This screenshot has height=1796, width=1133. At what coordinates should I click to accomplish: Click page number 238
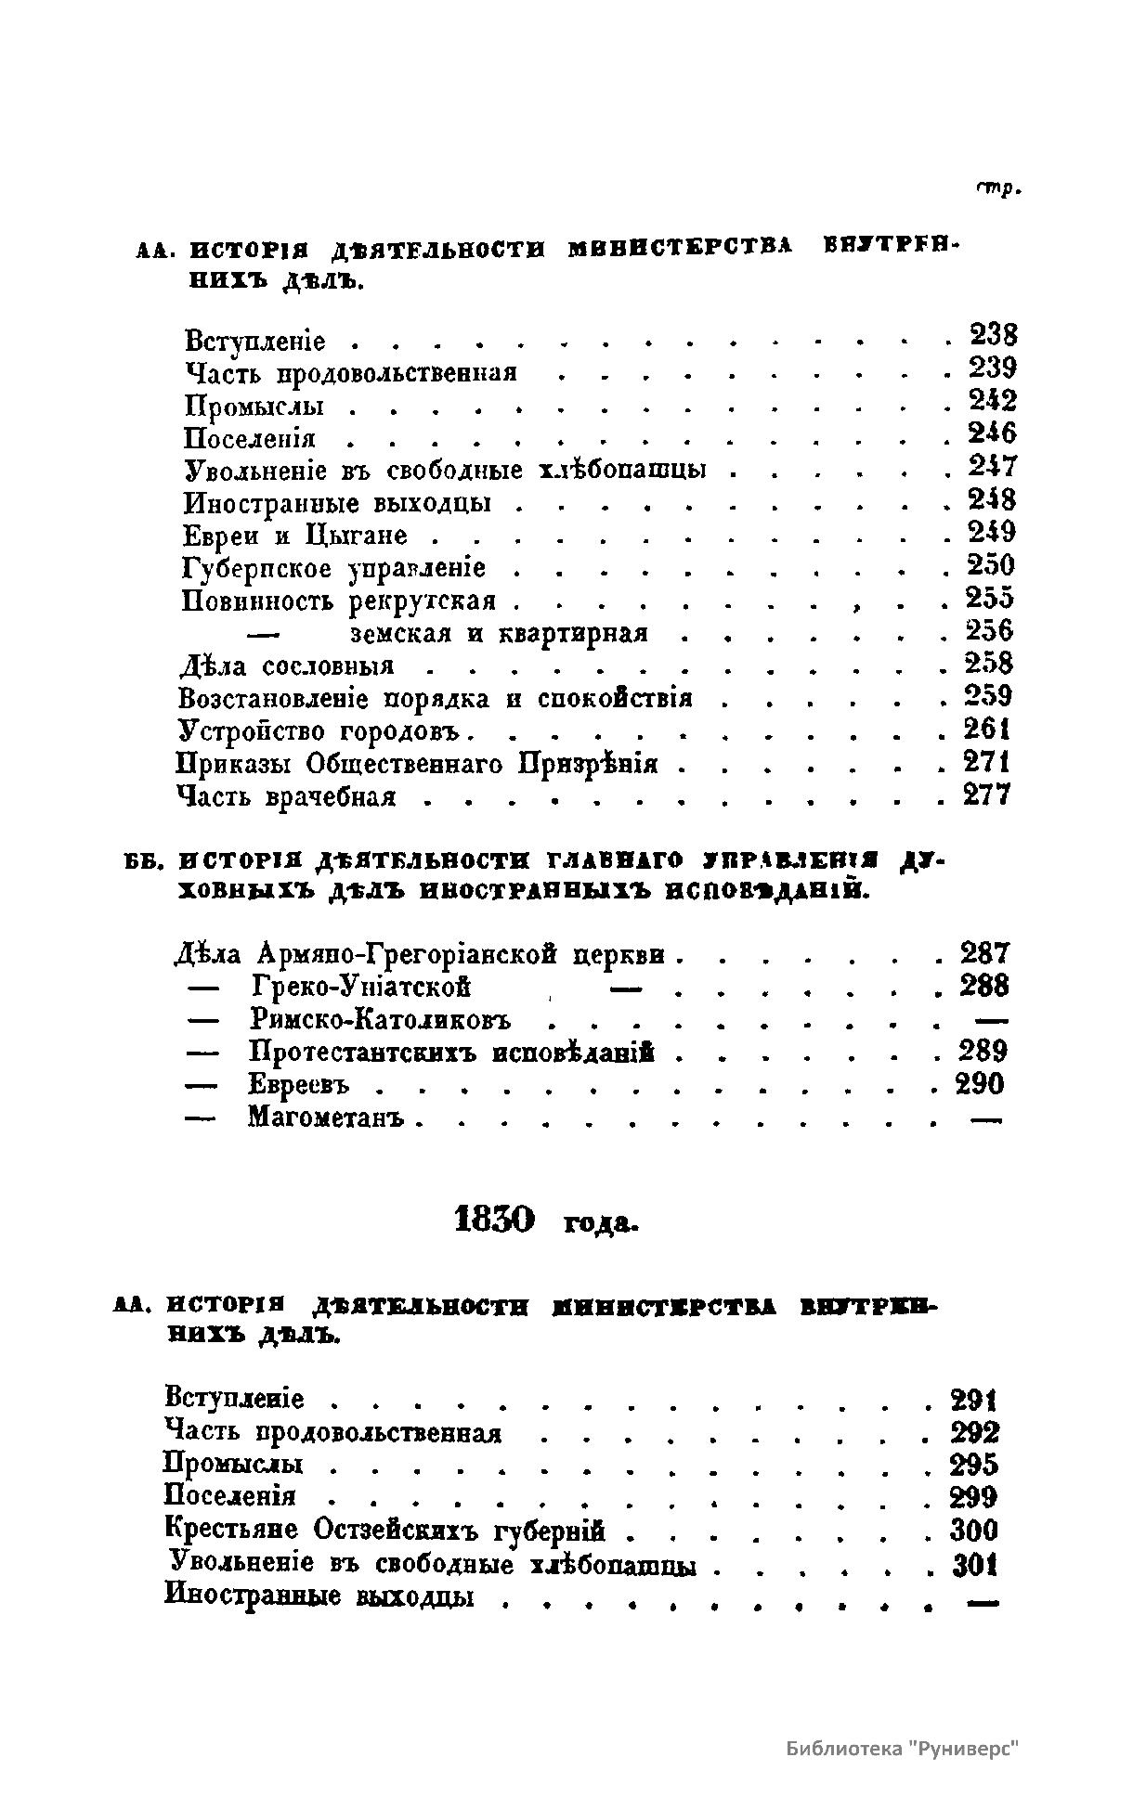point(993,334)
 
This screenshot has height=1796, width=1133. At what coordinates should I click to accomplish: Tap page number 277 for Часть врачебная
point(986,795)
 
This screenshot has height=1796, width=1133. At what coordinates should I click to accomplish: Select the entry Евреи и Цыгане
point(295,536)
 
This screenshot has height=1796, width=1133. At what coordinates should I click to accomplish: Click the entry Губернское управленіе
point(333,568)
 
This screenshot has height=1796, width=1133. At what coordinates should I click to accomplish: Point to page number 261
point(987,730)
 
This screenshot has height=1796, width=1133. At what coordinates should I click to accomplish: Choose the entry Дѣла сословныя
point(287,665)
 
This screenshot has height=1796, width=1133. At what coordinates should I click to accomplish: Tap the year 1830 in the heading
point(497,1219)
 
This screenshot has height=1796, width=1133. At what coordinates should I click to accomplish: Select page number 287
point(984,953)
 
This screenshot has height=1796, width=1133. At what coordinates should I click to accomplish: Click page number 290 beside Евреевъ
point(980,1084)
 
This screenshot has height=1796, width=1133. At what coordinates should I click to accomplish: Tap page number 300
point(974,1530)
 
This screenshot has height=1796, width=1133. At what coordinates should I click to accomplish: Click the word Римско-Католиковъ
point(381,1020)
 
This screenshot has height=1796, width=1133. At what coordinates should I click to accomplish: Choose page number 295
point(974,1465)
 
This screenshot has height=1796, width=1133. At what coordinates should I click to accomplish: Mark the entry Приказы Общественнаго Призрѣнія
point(417,764)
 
